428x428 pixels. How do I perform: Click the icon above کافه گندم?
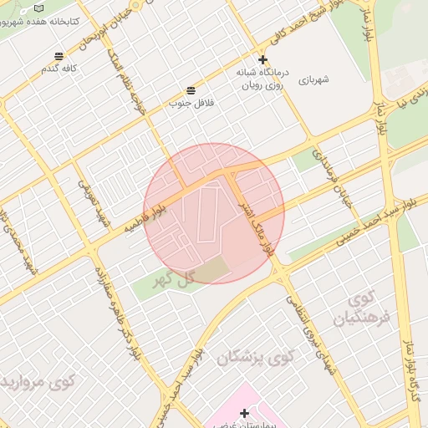(x=58, y=56)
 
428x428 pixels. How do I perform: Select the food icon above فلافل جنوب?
(x=191, y=89)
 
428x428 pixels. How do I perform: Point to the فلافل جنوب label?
(x=191, y=103)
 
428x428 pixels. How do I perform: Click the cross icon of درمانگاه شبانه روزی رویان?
(x=262, y=59)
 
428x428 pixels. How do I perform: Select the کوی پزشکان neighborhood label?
(x=257, y=358)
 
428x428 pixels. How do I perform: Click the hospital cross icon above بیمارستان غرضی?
(x=244, y=413)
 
